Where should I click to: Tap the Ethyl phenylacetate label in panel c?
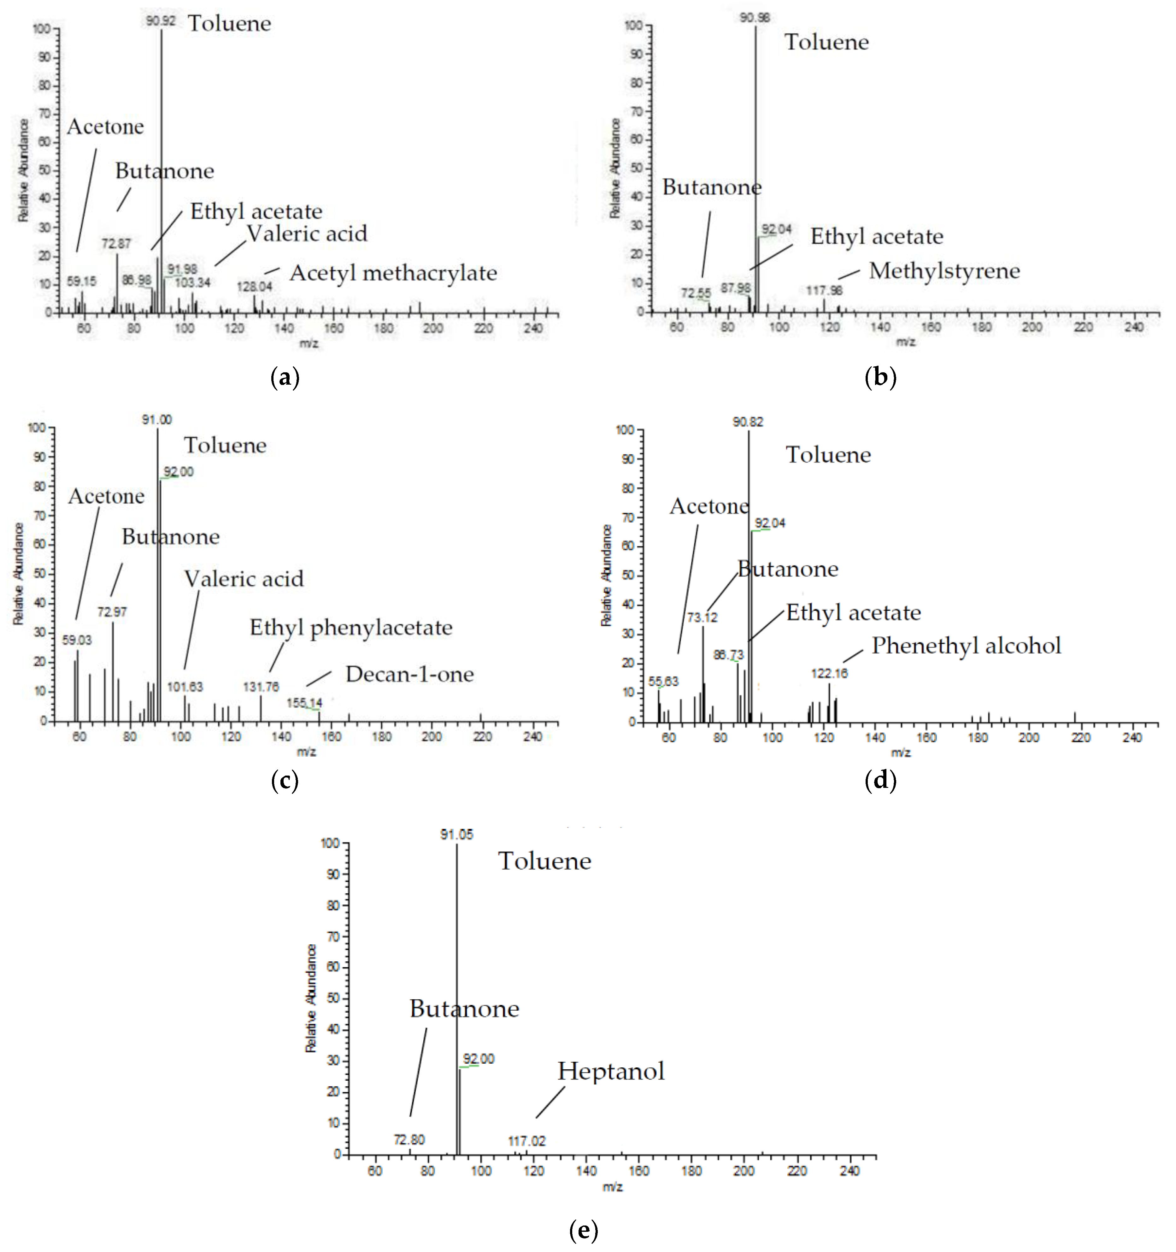[351, 628]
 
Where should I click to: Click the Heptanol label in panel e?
[611, 1071]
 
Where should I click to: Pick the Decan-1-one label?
[409, 675]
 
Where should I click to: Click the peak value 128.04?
[254, 287]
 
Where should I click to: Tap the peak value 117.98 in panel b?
[824, 290]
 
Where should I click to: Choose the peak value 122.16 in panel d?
[829, 673]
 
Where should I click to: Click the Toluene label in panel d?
[828, 455]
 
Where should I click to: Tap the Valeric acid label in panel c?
[244, 579]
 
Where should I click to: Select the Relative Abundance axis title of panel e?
[311, 998]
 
